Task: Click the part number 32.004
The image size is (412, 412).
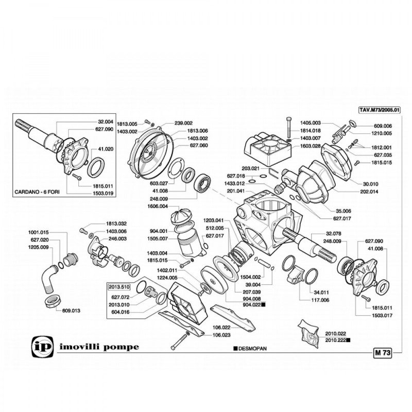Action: coord(105,122)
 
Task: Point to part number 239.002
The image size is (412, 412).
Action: coord(183,123)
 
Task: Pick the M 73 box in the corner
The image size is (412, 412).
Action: coord(382,353)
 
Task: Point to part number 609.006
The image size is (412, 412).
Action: coord(383,126)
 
